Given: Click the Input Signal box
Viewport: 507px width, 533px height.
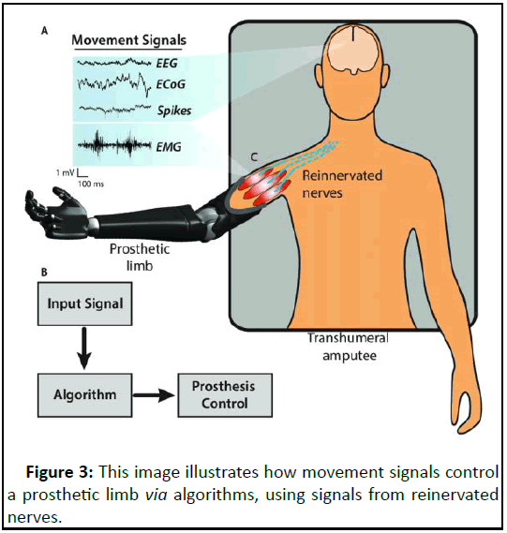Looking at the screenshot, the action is (x=85, y=304).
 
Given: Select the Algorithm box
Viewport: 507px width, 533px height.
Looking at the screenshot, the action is (x=85, y=395).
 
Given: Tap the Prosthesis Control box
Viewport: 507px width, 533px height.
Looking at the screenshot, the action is (x=225, y=395).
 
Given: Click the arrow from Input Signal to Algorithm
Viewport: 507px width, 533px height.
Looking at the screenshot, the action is (x=84, y=348).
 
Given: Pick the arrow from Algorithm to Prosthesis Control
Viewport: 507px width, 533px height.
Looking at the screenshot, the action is (x=154, y=395).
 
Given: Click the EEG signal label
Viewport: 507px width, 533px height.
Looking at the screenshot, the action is (x=167, y=63).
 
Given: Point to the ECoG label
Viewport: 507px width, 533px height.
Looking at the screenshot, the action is (x=171, y=84).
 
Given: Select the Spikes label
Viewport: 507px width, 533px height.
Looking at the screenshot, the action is (x=174, y=111).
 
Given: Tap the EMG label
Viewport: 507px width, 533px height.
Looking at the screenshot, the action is (x=169, y=147).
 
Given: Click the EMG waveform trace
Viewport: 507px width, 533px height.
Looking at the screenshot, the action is (x=114, y=145).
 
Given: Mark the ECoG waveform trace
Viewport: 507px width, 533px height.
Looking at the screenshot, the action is (x=114, y=84).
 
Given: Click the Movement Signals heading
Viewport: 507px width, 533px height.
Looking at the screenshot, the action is (x=129, y=40).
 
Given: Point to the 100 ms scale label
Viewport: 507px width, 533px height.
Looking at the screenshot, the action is (x=91, y=184).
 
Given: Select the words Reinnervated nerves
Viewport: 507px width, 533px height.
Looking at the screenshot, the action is (x=342, y=185).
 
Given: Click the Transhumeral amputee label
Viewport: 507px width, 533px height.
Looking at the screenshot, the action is (x=349, y=347).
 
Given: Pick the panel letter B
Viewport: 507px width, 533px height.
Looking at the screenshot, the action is (x=44, y=273).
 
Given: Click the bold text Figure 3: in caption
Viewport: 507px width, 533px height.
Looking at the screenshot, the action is (x=59, y=472).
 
